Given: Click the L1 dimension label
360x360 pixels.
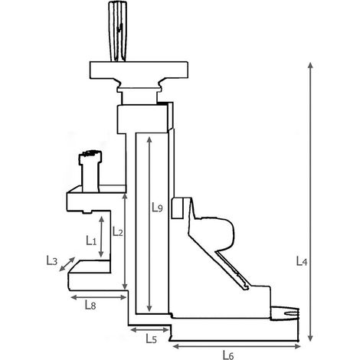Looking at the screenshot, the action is [x=91, y=241].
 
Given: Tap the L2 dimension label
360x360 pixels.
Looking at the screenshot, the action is [x=118, y=231].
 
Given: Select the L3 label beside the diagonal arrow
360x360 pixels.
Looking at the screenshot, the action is [x=51, y=260].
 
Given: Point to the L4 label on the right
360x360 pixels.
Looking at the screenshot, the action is [x=302, y=261].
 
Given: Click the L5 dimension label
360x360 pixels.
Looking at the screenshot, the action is [x=151, y=339].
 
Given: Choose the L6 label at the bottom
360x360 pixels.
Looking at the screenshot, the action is [x=228, y=355].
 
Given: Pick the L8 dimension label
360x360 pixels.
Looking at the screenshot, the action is [x=90, y=305].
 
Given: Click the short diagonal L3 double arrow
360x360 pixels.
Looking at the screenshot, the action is [x=67, y=264].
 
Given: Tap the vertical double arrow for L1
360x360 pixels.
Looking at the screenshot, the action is [x=101, y=237].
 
